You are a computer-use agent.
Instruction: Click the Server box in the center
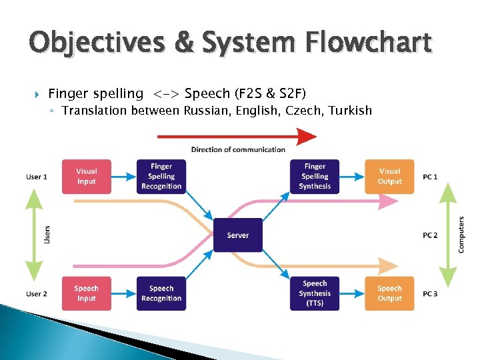pyautogui.click(x=238, y=235)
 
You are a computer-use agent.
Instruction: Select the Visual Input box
pyautogui.click(x=87, y=177)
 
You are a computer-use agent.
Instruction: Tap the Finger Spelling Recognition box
pyautogui.click(x=161, y=177)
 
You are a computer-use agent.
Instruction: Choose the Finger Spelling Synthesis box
pyautogui.click(x=315, y=177)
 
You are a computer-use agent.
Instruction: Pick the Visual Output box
pyautogui.click(x=389, y=177)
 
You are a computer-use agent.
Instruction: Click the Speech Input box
pyautogui.click(x=87, y=293)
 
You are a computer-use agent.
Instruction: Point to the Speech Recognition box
pyautogui.click(x=161, y=293)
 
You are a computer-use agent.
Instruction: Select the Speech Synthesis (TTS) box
pyautogui.click(x=315, y=293)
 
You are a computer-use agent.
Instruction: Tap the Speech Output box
pyautogui.click(x=389, y=293)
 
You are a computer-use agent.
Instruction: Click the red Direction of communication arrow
pyautogui.click(x=237, y=137)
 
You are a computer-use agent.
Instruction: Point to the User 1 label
pyautogui.click(x=37, y=177)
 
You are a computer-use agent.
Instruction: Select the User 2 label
pyautogui.click(x=37, y=294)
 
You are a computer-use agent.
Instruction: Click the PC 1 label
pyautogui.click(x=430, y=177)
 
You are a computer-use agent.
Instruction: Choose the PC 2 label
pyautogui.click(x=430, y=235)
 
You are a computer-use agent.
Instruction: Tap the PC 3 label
pyautogui.click(x=430, y=294)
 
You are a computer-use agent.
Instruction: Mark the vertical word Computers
pyautogui.click(x=461, y=235)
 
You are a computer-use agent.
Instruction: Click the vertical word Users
pyautogui.click(x=47, y=233)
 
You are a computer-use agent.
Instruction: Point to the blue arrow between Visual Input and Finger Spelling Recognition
pyautogui.click(x=124, y=177)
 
